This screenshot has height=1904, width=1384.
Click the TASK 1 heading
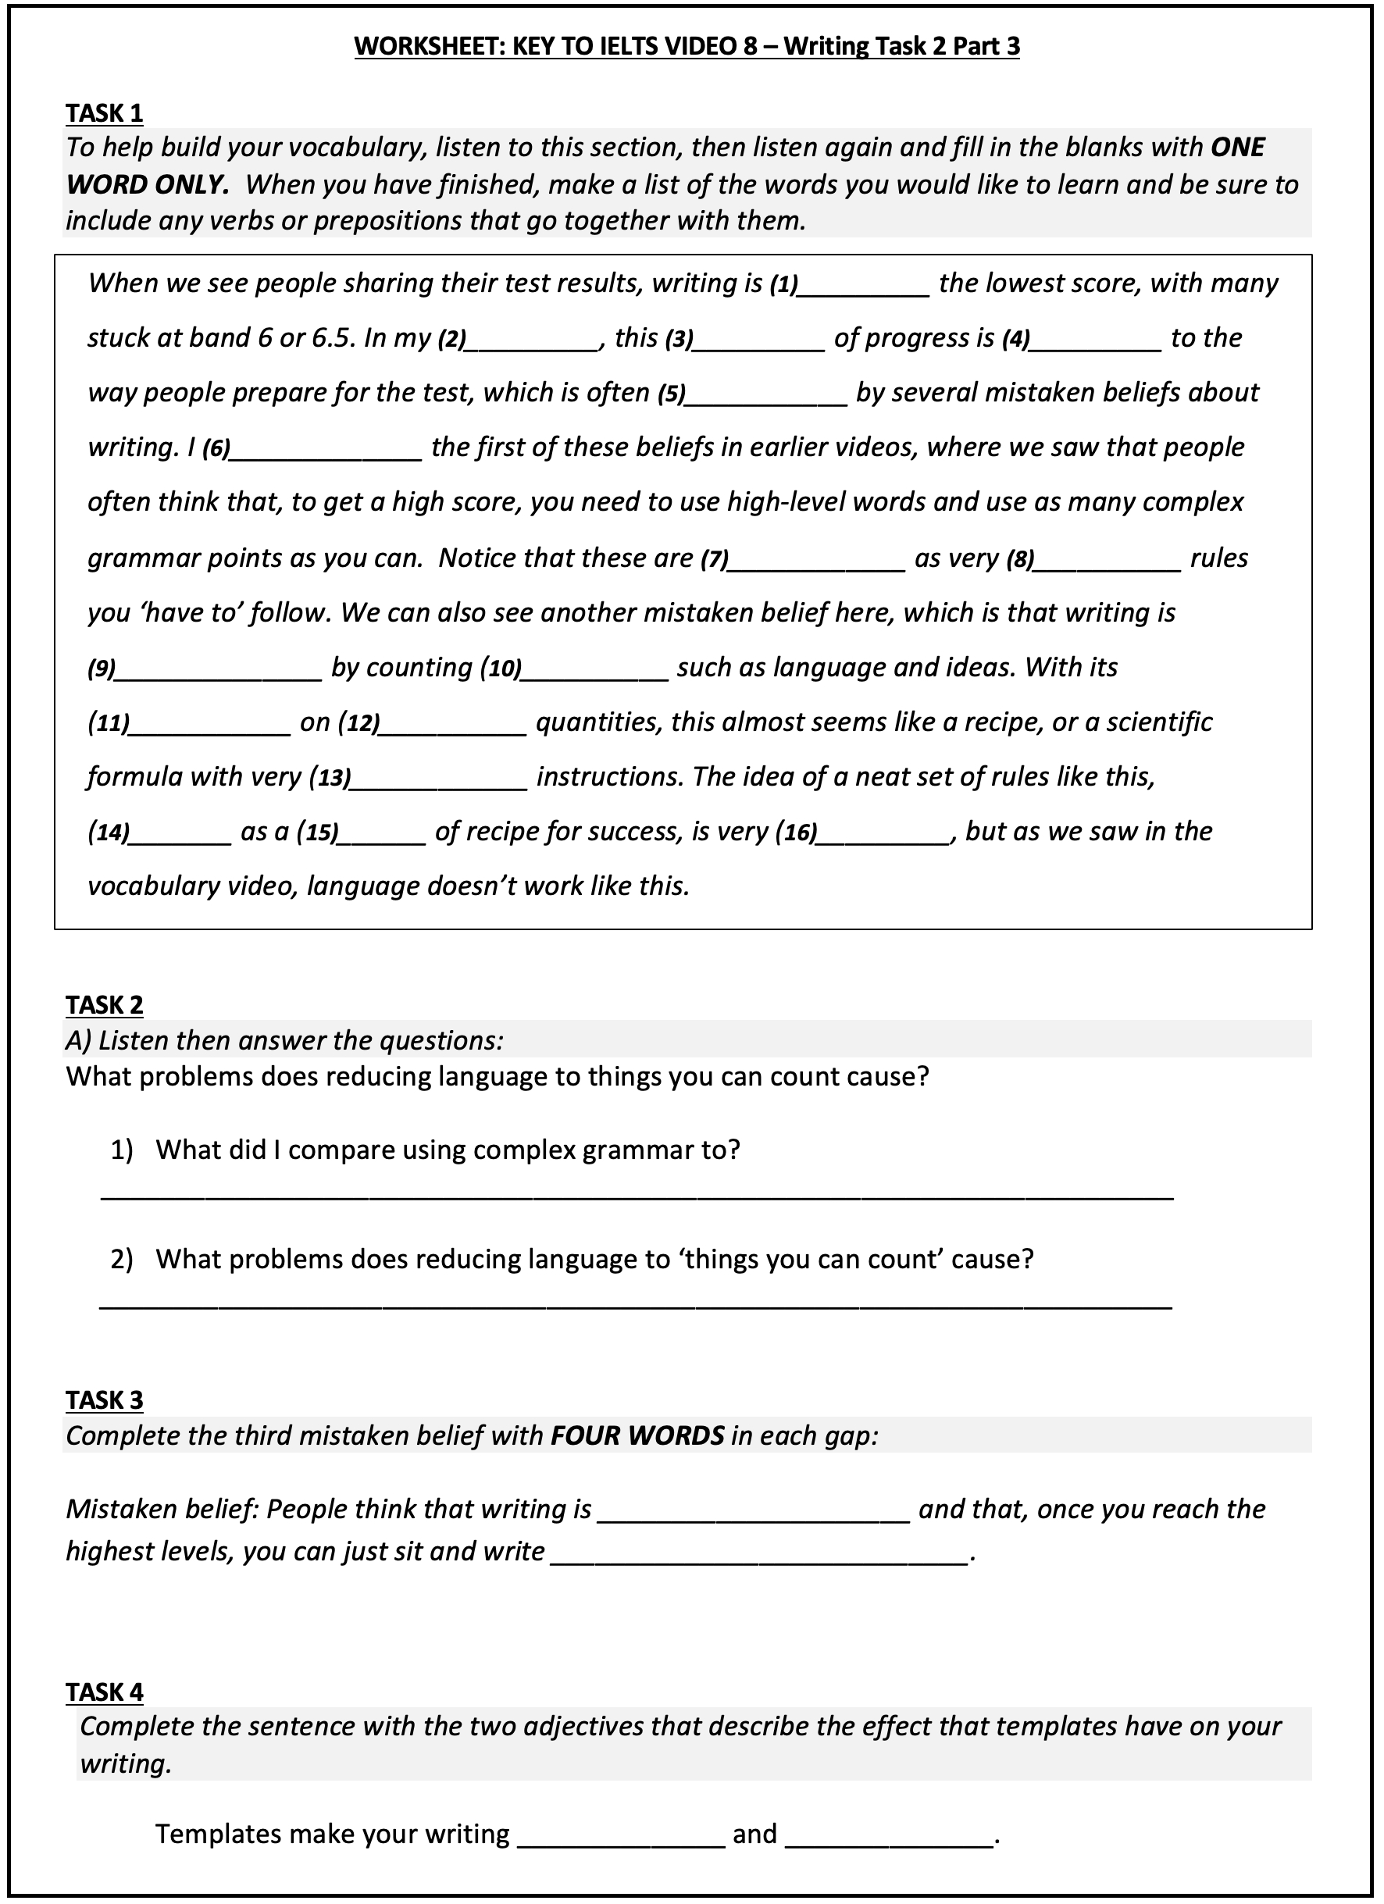(x=104, y=112)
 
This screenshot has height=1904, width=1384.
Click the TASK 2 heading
(x=104, y=1004)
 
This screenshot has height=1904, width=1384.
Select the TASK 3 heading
(x=104, y=1399)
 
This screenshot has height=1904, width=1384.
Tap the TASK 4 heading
(x=104, y=1692)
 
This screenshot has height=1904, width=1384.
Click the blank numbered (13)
(x=438, y=780)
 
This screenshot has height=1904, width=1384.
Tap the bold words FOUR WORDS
(x=637, y=1435)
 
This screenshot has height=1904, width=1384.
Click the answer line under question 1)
(x=637, y=1196)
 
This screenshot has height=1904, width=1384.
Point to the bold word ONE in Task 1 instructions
(x=1237, y=148)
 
